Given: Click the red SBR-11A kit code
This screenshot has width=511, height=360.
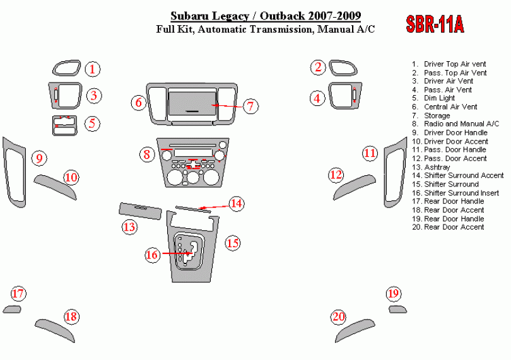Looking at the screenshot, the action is click(x=435, y=24).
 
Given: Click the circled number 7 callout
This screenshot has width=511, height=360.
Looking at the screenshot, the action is click(x=250, y=106).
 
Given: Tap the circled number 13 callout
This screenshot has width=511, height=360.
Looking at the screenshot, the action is click(x=129, y=227).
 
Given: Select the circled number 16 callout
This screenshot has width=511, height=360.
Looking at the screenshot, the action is click(x=152, y=255).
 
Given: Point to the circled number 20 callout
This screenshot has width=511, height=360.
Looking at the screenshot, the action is click(x=338, y=316).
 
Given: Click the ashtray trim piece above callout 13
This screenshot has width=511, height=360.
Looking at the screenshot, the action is click(x=140, y=211).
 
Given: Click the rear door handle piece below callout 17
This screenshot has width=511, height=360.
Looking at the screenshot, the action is click(x=12, y=309).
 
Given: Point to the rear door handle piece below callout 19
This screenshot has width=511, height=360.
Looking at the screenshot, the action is click(x=397, y=310).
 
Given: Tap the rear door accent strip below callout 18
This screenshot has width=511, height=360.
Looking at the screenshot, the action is click(x=56, y=329).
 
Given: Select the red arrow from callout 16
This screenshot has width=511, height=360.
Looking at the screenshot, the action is click(x=176, y=253).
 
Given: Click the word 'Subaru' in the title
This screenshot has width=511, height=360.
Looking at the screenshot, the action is click(x=189, y=16).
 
